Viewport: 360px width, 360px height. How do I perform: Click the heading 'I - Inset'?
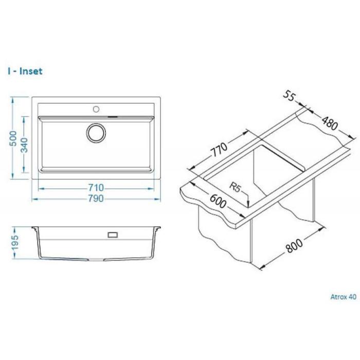25,71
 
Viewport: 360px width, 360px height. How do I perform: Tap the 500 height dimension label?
13,138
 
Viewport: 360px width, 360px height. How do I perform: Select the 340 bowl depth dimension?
24,145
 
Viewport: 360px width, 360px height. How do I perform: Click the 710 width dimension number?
96,188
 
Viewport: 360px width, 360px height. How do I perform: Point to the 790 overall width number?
96,199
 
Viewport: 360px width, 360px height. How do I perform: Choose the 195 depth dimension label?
14,243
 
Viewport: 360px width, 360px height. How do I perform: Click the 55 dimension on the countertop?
289,96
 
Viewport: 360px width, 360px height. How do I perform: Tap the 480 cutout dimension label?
330,123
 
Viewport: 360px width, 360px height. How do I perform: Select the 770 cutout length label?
219,150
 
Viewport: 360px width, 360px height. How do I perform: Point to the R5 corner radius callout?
235,187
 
